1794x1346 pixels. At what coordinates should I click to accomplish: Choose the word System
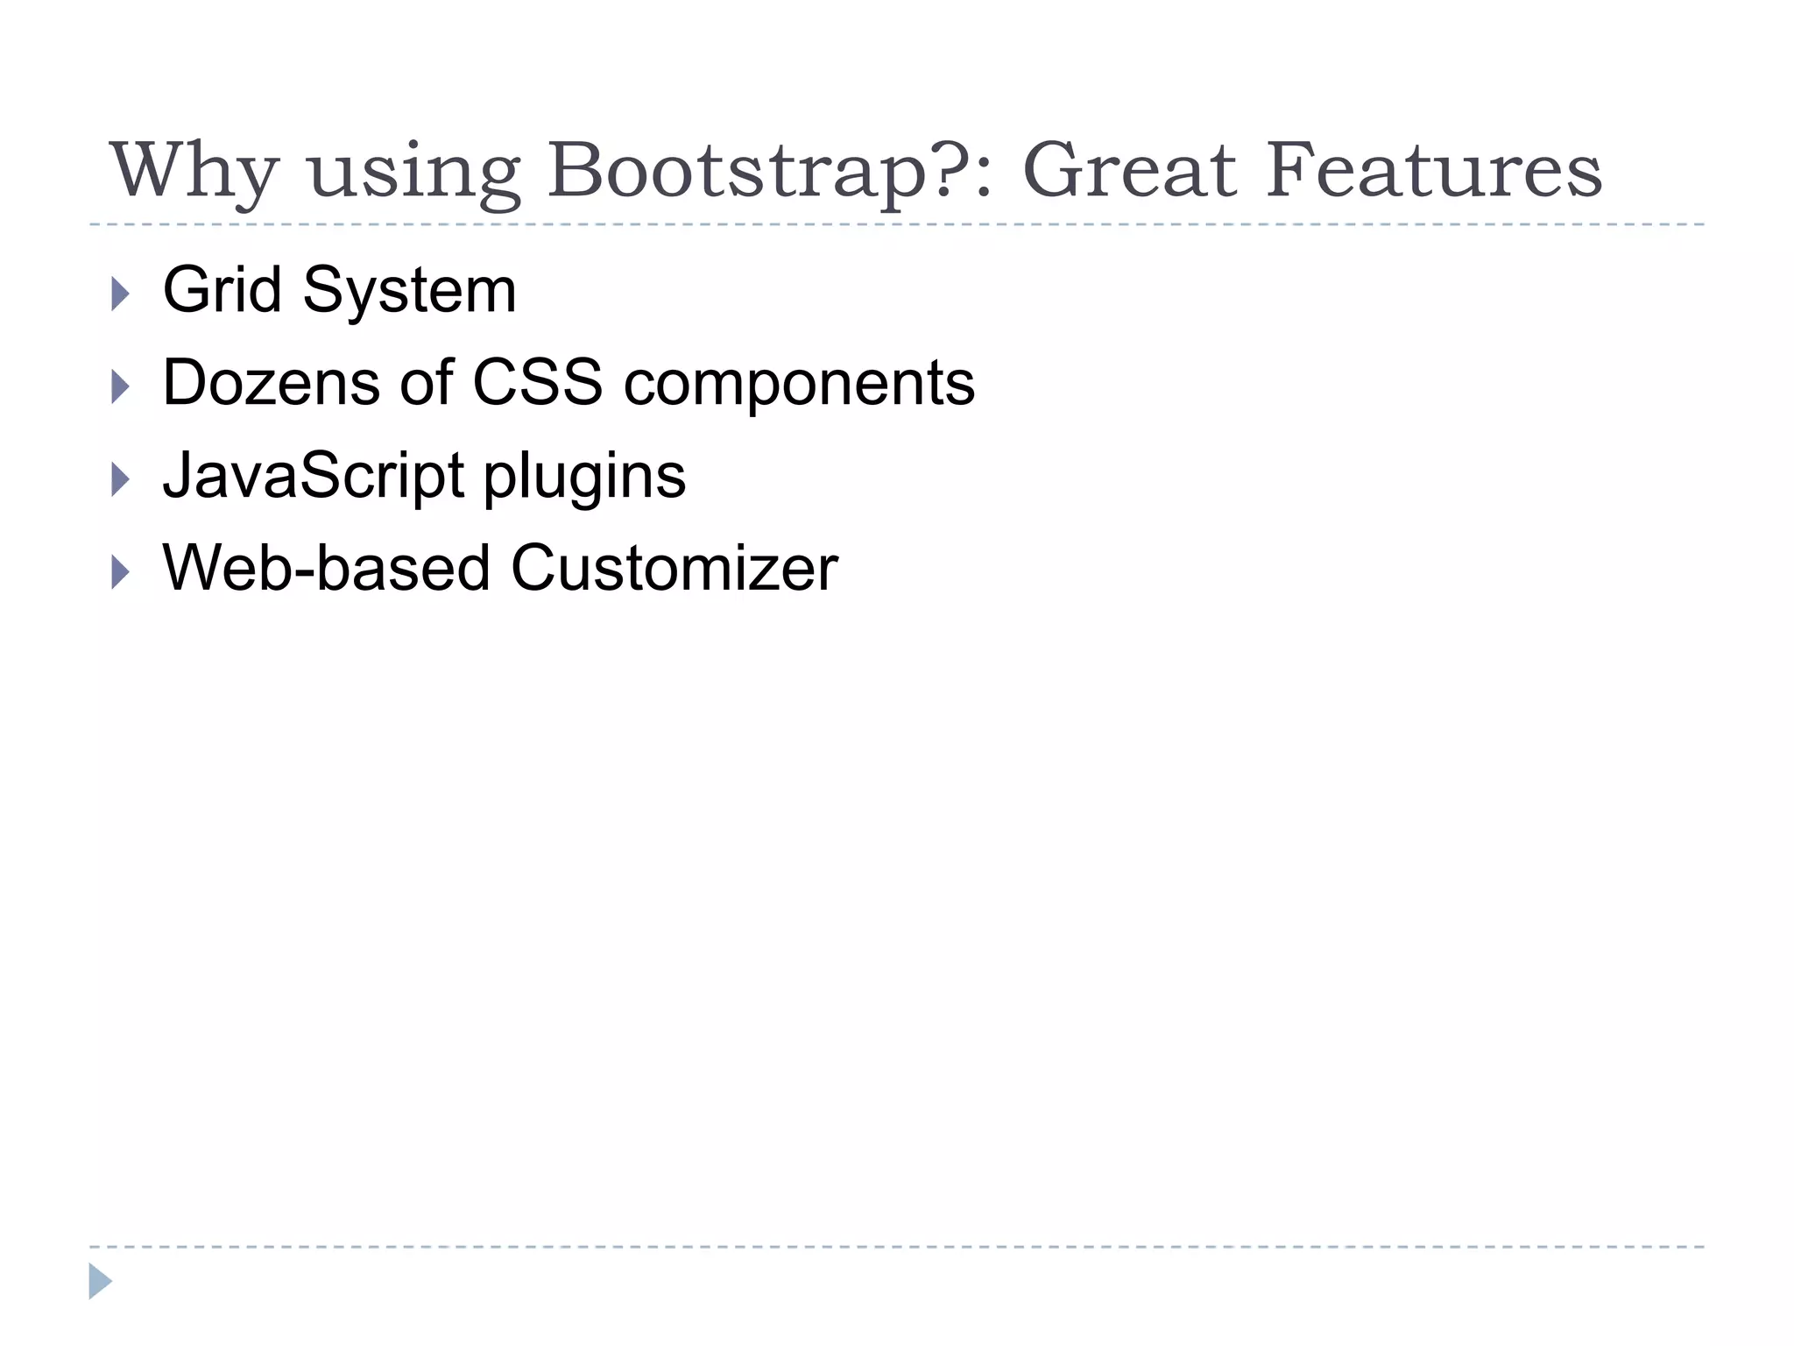point(409,292)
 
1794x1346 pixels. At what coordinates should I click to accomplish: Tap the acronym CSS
point(538,383)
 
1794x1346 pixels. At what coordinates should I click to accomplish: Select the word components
point(799,386)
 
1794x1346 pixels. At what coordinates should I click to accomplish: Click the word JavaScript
point(314,476)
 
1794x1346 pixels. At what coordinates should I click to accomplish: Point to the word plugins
point(584,479)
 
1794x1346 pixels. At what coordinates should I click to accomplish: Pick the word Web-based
point(326,569)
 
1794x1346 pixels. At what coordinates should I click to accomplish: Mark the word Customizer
point(675,569)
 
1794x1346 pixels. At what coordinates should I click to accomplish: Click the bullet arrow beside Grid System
point(121,294)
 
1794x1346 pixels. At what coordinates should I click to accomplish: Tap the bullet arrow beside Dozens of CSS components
point(121,386)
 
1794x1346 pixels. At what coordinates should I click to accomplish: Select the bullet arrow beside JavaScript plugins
point(121,479)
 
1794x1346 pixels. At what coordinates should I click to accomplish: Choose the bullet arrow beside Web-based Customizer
point(121,572)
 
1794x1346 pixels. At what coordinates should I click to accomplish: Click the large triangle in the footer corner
point(99,1281)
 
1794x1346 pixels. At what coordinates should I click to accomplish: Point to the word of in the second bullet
point(427,383)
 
